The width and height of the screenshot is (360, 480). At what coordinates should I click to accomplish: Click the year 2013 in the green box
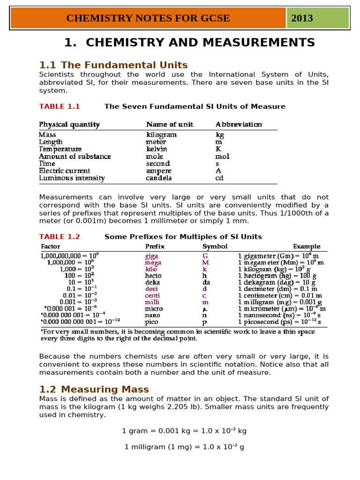[x=302, y=18]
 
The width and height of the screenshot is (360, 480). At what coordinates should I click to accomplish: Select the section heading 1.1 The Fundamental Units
[x=113, y=65]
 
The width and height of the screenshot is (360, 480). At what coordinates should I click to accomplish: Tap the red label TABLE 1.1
[x=60, y=106]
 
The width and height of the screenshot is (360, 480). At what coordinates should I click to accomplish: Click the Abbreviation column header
[x=239, y=124]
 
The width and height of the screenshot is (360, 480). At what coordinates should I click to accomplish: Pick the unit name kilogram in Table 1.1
[x=161, y=135]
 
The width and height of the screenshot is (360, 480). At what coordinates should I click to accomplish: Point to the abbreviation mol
[x=222, y=156]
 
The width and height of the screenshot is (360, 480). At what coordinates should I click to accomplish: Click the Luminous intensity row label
[x=72, y=178]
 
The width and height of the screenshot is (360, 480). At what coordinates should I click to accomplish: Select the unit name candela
[x=158, y=178]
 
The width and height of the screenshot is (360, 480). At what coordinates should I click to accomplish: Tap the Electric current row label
[x=64, y=171]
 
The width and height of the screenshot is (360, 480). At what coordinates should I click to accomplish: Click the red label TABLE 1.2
[x=60, y=237]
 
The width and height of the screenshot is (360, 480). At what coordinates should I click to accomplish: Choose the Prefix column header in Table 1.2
[x=155, y=246]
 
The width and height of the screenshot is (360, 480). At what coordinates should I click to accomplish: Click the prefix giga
[x=151, y=256]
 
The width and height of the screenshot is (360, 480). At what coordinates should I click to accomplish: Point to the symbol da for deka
[x=206, y=282]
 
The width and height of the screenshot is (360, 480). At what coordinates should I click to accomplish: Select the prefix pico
[x=151, y=322]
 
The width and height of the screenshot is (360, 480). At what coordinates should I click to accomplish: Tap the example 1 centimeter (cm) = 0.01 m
[x=280, y=296]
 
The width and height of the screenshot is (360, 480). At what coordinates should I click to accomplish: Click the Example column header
[x=307, y=246]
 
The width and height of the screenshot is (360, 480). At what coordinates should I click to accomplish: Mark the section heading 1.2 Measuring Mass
[x=94, y=390]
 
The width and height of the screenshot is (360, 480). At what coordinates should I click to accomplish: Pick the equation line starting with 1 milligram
[x=184, y=447]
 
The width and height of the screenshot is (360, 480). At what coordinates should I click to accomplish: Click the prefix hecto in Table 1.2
[x=153, y=276]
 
